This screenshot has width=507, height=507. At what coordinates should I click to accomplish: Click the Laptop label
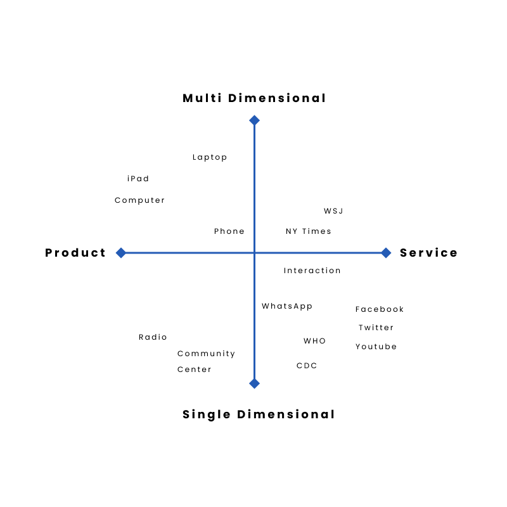coord(210,157)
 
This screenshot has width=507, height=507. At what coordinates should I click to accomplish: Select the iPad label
coord(138,179)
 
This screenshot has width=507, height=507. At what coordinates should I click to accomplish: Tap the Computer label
coord(140,200)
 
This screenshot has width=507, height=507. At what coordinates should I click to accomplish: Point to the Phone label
coord(229,231)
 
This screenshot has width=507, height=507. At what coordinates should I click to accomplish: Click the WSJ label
coord(333,211)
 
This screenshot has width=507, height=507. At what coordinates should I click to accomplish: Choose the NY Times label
coord(309,231)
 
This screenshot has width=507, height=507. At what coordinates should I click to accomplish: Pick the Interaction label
coord(312,271)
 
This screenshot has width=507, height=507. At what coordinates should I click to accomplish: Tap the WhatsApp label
coord(287,306)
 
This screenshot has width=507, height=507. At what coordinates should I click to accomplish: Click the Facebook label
coord(380,309)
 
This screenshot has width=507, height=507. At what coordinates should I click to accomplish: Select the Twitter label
coord(376,328)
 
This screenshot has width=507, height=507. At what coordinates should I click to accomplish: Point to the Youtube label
coord(376,347)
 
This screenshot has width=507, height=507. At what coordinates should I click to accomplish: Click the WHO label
coord(315,341)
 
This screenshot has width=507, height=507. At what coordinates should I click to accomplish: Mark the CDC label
coord(307,366)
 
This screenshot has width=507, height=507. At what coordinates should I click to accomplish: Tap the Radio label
coord(153,337)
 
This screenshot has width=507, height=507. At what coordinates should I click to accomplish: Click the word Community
coord(207,354)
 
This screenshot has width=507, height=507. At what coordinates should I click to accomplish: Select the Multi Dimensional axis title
coord(254,98)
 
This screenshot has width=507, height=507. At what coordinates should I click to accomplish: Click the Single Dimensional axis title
coord(259,414)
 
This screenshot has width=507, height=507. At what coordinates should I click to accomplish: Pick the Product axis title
coord(75,253)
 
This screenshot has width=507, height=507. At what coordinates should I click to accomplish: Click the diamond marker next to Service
coord(386,253)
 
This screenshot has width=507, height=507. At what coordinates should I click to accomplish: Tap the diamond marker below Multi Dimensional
coord(254,120)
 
